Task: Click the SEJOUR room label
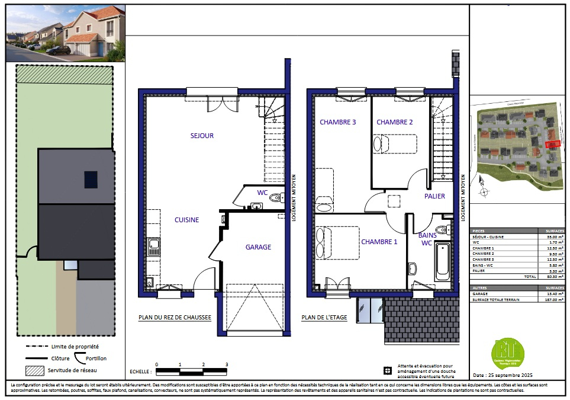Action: click(202, 136)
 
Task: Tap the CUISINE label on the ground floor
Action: click(186, 220)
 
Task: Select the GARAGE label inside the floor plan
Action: click(258, 247)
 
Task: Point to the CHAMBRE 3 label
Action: click(337, 122)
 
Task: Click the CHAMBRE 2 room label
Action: click(394, 122)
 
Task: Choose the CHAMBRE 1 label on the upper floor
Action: click(379, 242)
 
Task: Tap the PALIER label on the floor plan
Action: click(434, 196)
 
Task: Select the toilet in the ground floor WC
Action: click(275, 198)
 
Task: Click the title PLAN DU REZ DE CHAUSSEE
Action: click(175, 318)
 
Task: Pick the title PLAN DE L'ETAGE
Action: click(324, 318)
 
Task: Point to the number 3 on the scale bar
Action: click(226, 364)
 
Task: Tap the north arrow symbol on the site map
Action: click(483, 190)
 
